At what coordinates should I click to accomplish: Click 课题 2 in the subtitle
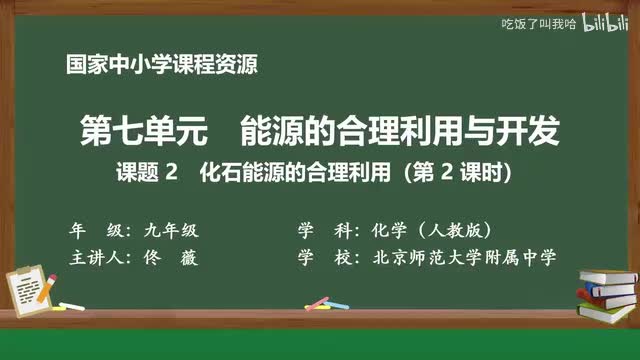pyautogui.click(x=150, y=172)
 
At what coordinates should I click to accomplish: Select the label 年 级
pyautogui.click(x=92, y=228)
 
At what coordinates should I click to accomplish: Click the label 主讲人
pyautogui.click(x=97, y=257)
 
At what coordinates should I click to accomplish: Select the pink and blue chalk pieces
pyautogui.click(x=317, y=301)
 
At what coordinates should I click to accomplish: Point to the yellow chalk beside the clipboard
pyautogui.click(x=73, y=305)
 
